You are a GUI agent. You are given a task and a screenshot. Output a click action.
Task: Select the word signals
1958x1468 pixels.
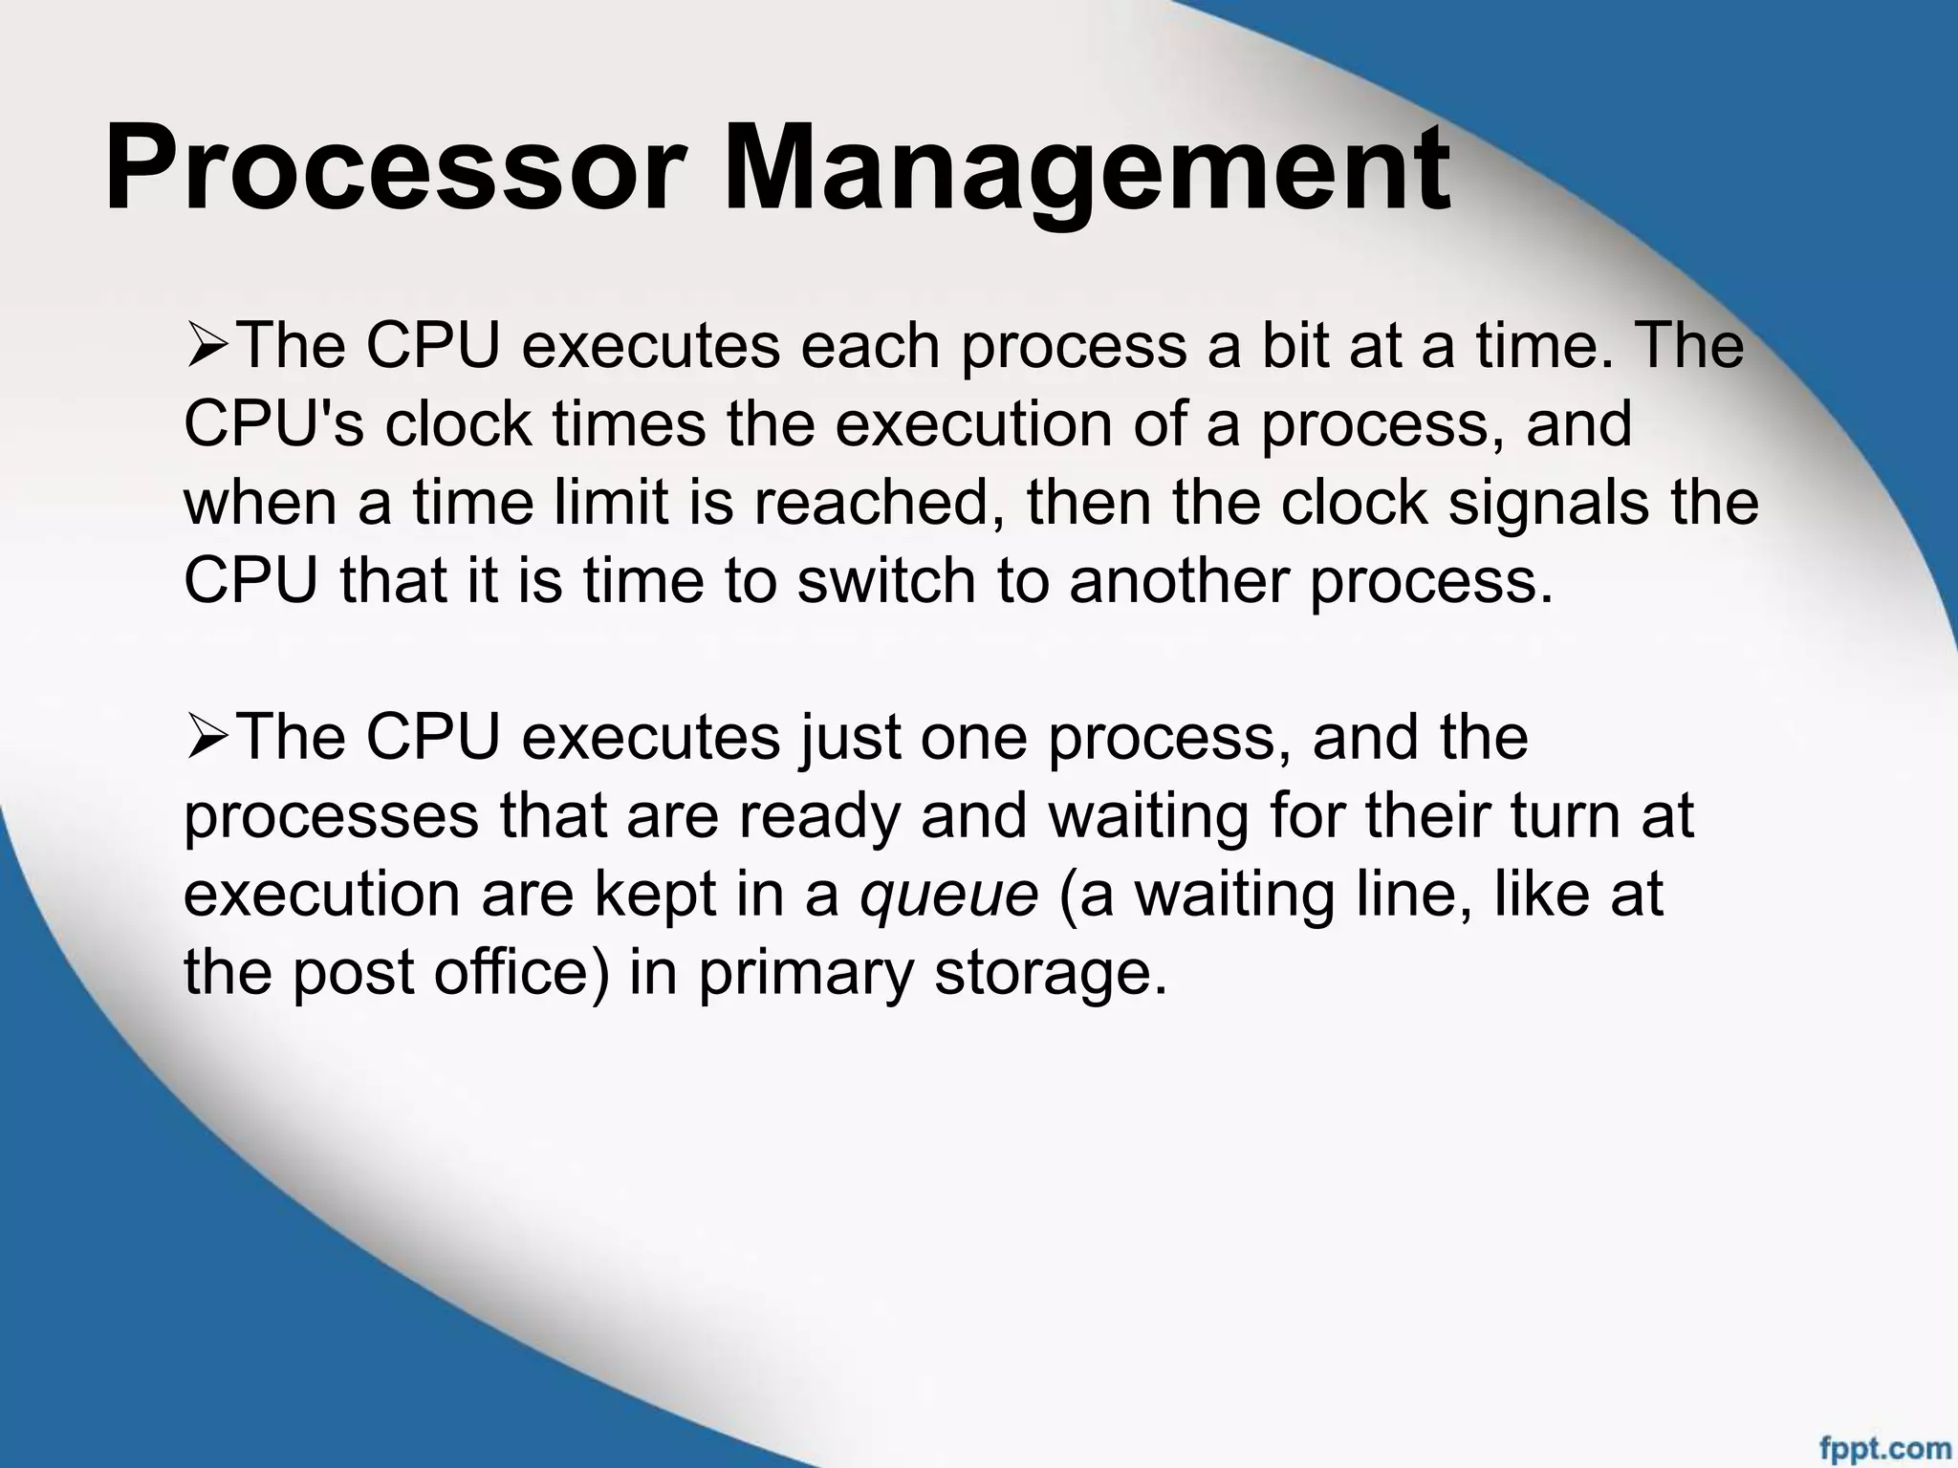pos(1548,504)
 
